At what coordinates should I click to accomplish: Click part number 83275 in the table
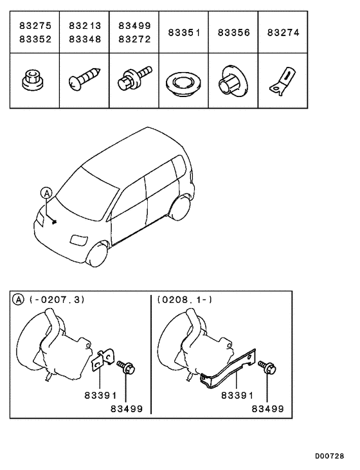point(35,26)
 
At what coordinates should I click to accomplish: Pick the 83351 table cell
point(184,32)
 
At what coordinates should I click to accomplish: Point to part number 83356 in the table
point(233,32)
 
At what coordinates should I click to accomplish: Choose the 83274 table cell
point(283,32)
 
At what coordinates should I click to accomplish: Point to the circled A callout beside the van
point(46,192)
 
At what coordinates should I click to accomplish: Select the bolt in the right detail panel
point(267,368)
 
